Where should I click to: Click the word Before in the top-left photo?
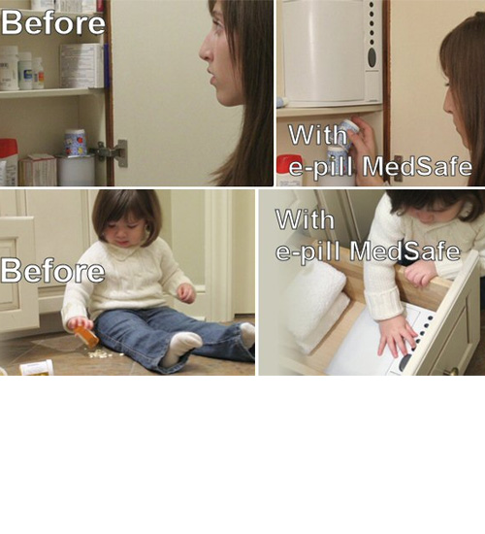(x=52, y=21)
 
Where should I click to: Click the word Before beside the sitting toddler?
(x=52, y=271)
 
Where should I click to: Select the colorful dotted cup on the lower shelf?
(x=75, y=143)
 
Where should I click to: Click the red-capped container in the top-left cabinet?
(x=9, y=161)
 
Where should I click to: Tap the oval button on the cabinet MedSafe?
(x=371, y=57)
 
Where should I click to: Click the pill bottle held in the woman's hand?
(x=348, y=128)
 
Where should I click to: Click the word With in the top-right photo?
(x=317, y=134)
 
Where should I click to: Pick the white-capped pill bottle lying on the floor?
(x=36, y=368)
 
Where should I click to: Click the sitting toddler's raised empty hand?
(x=184, y=291)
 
